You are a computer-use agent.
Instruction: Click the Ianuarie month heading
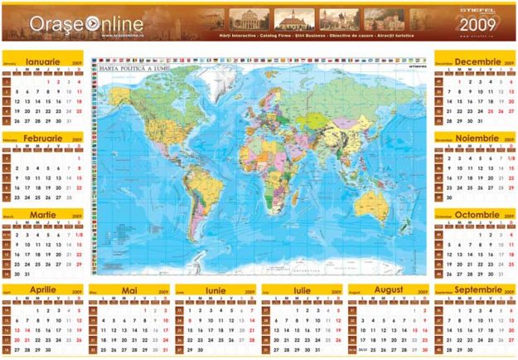tap(42, 62)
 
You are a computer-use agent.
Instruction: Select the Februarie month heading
tap(42, 139)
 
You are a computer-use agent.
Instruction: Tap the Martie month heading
tap(42, 214)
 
